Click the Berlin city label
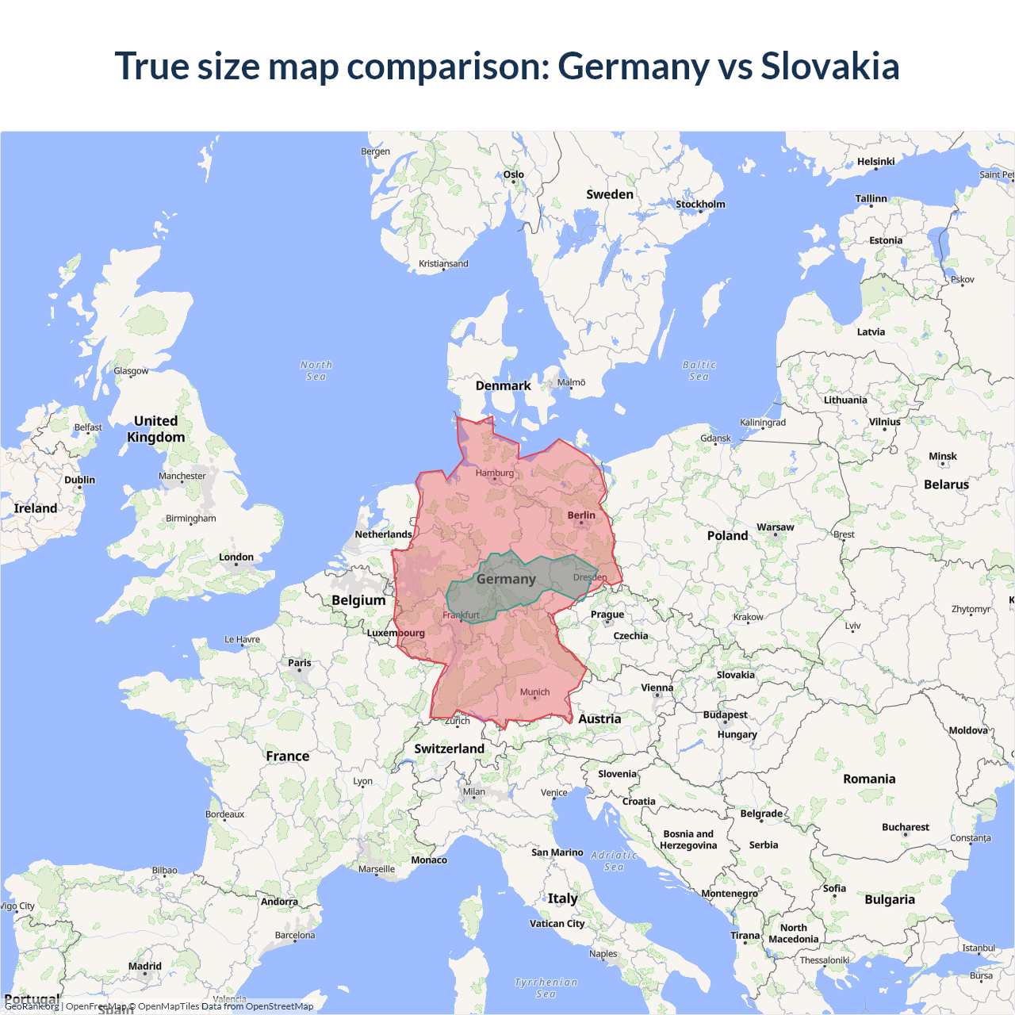581,515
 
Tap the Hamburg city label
495,473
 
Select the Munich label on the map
535,692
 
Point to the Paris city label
300,663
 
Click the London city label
236,557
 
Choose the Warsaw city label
776,527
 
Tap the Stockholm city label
700,205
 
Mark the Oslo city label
514,174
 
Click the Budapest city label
726,714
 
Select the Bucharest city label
906,827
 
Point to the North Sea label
316,370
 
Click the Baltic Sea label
699,370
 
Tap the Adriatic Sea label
614,860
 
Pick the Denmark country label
504,386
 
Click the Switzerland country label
450,749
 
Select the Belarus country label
947,485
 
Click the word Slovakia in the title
830,66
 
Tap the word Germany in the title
634,66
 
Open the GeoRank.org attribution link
32,1006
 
